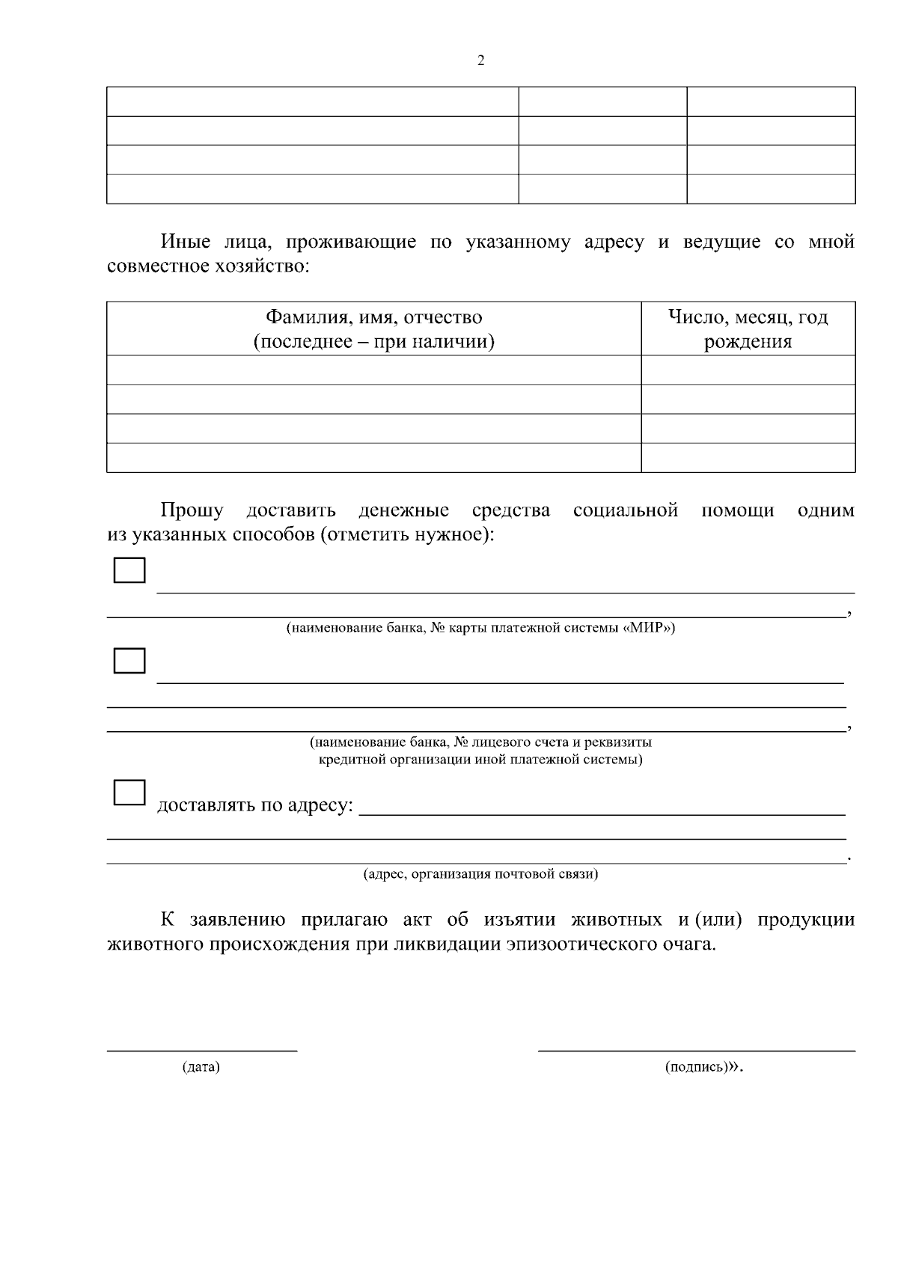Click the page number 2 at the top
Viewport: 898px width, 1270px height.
(480, 61)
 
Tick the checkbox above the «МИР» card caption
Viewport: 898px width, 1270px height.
(129, 570)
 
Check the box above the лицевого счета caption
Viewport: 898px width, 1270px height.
(129, 660)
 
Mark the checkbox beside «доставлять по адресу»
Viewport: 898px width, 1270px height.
(129, 792)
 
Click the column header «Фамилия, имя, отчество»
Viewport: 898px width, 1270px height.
(374, 317)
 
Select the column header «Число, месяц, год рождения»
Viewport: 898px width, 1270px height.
(748, 329)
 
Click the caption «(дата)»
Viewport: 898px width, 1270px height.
(201, 1066)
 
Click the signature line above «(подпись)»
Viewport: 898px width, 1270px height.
(696, 1049)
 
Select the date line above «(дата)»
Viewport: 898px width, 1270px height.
(202, 1049)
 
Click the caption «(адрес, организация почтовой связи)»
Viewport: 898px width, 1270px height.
(480, 873)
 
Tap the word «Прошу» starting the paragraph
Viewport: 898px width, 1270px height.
(192, 510)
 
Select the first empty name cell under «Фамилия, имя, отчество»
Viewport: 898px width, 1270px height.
(374, 370)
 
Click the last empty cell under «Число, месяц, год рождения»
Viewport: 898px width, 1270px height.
(748, 457)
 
